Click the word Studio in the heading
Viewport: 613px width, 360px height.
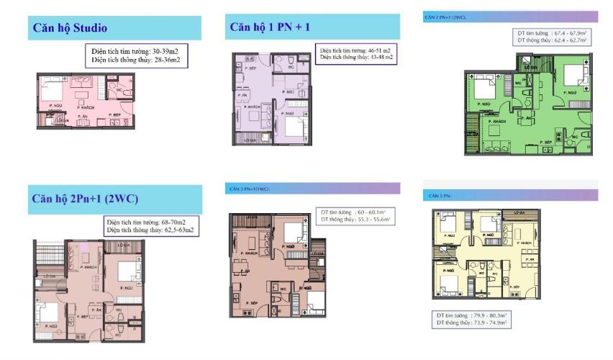tap(88, 28)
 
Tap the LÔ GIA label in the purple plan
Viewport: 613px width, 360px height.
tap(250, 139)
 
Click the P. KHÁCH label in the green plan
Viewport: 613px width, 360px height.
tap(498, 122)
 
